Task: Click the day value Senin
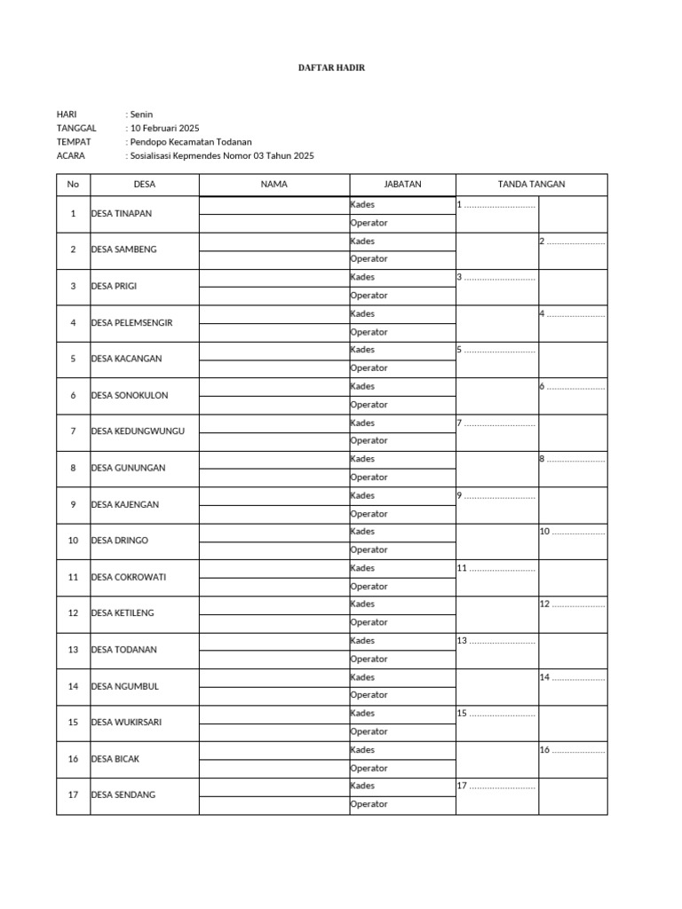[141, 115]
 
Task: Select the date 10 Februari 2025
[164, 128]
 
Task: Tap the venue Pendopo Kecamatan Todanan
[190, 142]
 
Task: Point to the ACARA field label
[71, 155]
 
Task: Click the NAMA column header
[274, 185]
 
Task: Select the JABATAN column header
[402, 185]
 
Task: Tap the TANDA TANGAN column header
[531, 185]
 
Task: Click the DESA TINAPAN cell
[122, 214]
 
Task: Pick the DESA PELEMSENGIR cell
[131, 323]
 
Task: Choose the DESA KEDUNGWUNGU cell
[138, 431]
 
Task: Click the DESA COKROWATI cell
[129, 577]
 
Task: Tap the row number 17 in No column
[73, 794]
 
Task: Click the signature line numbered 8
[573, 459]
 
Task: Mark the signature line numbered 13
[496, 640]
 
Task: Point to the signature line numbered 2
[573, 241]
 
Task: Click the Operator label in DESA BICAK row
[369, 768]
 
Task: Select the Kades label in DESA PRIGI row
[362, 277]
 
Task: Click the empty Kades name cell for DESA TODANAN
[274, 640]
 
